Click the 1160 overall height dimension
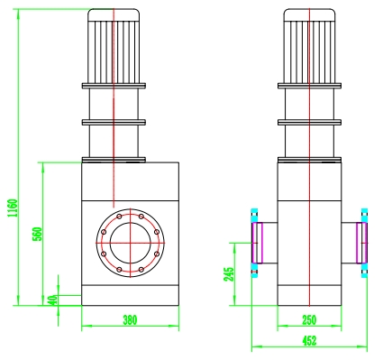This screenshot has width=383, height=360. click(13, 208)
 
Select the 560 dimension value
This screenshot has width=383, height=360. click(38, 234)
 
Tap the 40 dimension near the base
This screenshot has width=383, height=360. click(53, 300)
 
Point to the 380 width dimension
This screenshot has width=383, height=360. click(130, 319)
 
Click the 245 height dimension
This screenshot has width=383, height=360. click(229, 274)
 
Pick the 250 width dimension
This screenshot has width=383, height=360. click(309, 320)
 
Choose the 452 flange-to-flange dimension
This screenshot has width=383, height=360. click(309, 341)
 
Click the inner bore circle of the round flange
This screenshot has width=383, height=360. click(130, 223)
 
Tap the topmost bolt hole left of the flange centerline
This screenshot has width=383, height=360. click(119, 217)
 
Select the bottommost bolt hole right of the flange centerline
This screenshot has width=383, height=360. click(141, 270)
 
